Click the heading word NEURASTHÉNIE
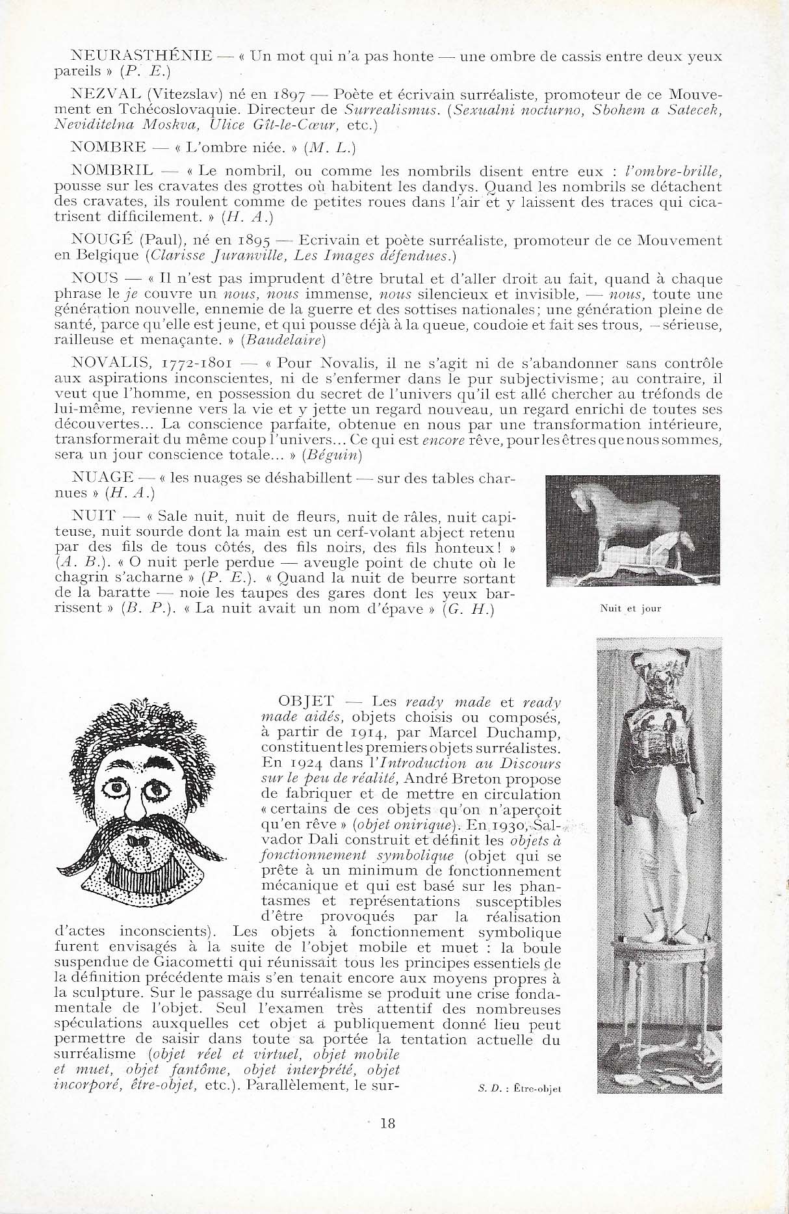click(x=140, y=56)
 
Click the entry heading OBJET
click(x=305, y=702)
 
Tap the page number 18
click(x=387, y=1123)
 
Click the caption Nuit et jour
click(x=630, y=609)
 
